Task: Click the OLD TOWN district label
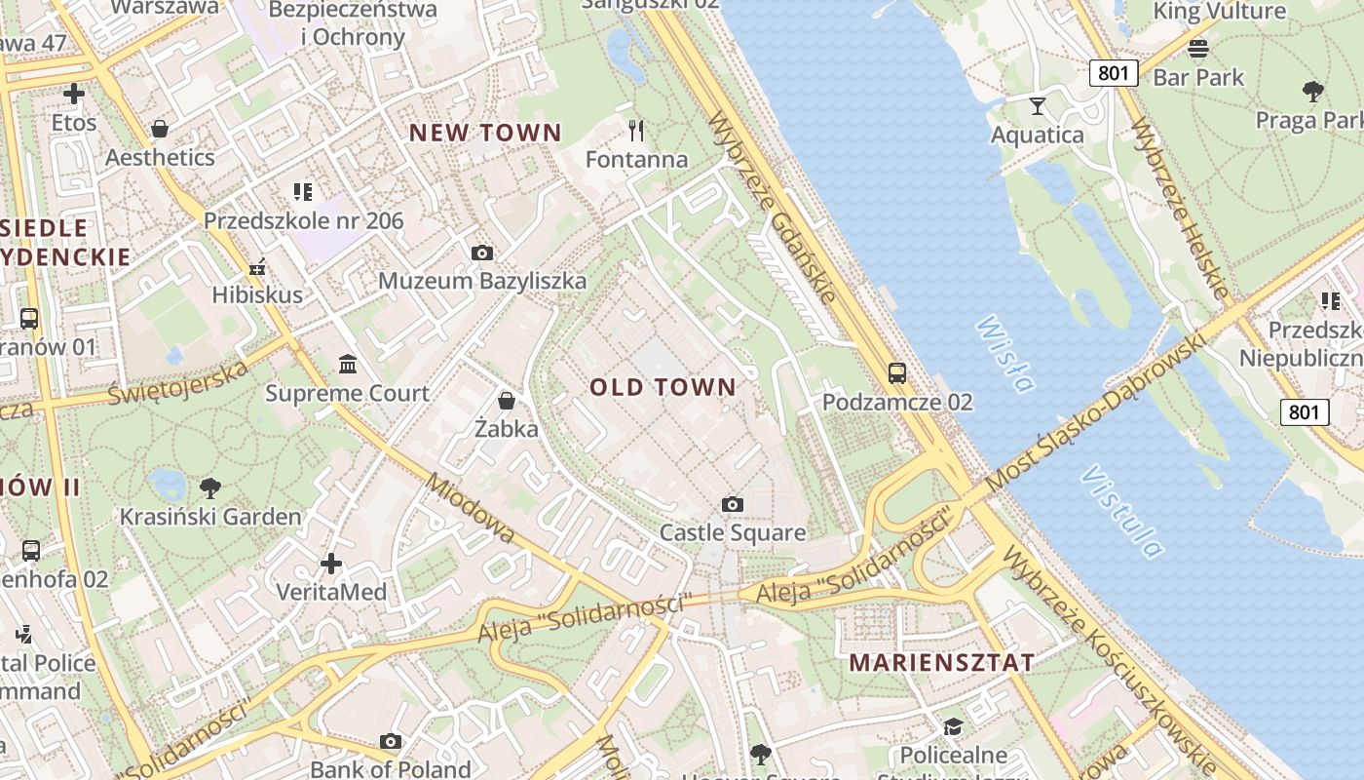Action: pos(663,387)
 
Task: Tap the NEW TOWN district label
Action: pos(484,133)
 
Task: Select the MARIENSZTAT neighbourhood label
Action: pos(941,662)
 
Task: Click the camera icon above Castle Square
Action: pos(733,504)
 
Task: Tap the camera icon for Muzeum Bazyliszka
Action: pos(481,253)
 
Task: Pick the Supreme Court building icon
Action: pos(347,365)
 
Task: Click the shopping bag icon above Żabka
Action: pos(506,401)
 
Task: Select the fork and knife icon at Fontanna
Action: pos(636,130)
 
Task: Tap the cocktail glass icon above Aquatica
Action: pos(1037,105)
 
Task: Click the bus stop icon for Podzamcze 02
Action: pos(896,372)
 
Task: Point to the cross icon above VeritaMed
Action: pos(331,564)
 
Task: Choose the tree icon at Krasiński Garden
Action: pos(209,487)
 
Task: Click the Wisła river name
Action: pos(1004,353)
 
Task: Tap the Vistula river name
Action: pos(1121,512)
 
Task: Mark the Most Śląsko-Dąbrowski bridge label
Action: pos(1096,409)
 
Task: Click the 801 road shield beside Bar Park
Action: pos(1113,73)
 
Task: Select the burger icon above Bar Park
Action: pos(1198,48)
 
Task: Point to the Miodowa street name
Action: pos(470,508)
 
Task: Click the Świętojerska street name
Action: pos(178,383)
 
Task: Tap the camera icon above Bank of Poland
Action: pos(391,741)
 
